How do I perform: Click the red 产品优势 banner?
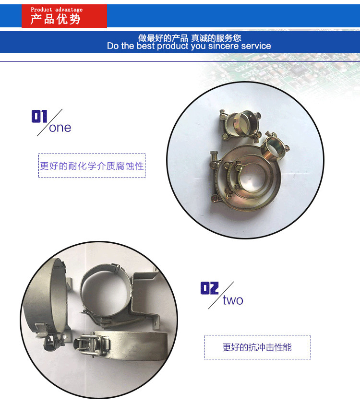(64, 16)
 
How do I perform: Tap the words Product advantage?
(57, 10)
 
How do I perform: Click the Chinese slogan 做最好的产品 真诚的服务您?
(190, 38)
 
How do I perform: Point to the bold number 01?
(39, 116)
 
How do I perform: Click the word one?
(60, 128)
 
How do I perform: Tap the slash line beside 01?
(50, 123)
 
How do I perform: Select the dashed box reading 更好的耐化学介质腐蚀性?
(92, 166)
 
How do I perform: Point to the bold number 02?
(209, 288)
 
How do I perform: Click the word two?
(233, 300)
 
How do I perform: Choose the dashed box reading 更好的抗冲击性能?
(257, 347)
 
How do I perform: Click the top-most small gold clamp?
(240, 125)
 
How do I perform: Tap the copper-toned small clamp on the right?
(275, 146)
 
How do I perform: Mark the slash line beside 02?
(221, 295)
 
